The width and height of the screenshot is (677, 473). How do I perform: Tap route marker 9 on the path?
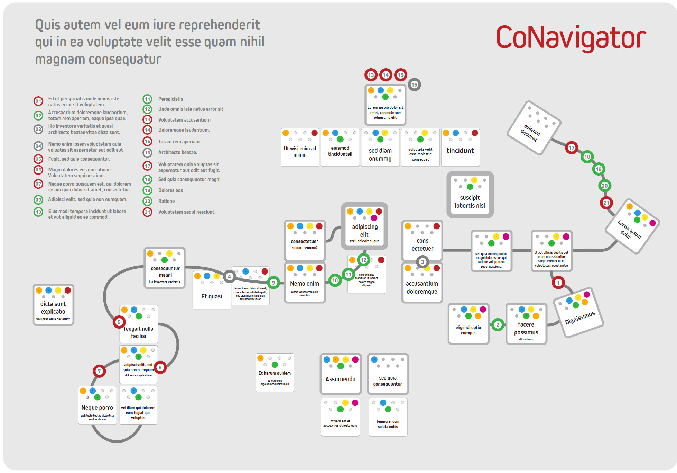(x=273, y=283)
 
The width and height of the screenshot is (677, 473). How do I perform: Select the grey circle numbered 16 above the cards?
(x=414, y=84)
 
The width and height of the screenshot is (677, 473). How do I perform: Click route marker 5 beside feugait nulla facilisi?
(x=119, y=322)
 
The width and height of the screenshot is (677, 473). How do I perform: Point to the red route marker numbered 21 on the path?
(x=606, y=203)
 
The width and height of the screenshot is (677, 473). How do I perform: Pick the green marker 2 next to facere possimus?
(x=498, y=324)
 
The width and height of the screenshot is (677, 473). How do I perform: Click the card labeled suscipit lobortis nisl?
(x=470, y=195)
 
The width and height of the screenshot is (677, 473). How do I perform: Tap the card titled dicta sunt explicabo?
(x=53, y=305)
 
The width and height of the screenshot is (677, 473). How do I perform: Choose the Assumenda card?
(x=340, y=374)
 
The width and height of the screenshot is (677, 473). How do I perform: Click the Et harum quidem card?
(x=275, y=373)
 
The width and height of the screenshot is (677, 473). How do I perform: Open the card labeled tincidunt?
(x=460, y=148)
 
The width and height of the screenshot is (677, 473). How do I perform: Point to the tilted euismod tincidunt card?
(x=534, y=127)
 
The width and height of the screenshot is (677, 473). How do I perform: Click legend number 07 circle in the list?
(x=38, y=184)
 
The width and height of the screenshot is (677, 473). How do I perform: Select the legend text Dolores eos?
(x=170, y=190)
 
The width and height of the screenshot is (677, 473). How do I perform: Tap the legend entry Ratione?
(x=166, y=201)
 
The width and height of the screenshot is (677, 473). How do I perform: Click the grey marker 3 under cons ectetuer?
(x=423, y=262)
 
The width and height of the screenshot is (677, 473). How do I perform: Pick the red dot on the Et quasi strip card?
(x=265, y=271)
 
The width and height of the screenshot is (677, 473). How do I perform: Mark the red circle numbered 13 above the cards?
(x=371, y=75)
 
